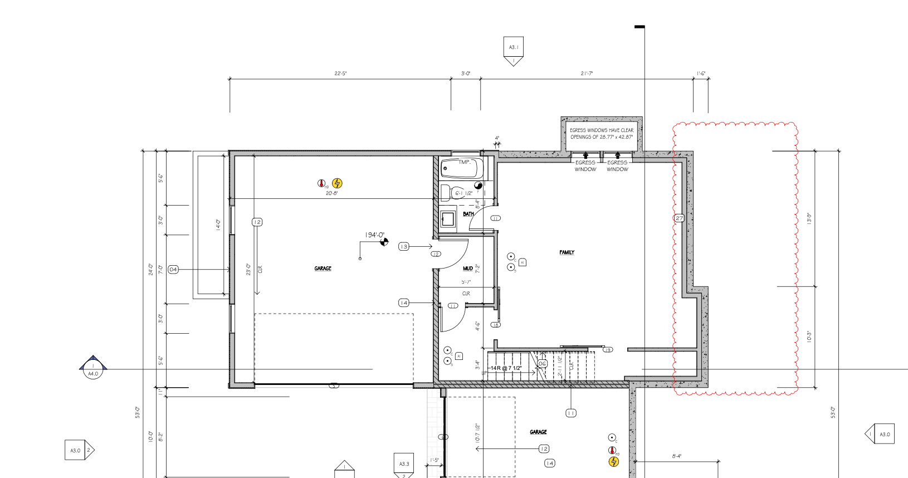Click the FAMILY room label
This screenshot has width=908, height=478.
567,252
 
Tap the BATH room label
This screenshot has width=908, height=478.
468,214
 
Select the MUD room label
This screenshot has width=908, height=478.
468,269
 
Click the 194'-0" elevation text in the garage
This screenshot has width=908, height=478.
374,235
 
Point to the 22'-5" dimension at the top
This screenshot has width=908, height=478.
340,74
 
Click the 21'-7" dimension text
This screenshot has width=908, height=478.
587,74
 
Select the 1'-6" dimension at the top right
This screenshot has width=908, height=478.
701,74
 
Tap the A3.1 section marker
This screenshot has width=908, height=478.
513,47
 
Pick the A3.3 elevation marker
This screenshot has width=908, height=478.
404,464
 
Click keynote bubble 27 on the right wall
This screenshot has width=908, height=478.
679,218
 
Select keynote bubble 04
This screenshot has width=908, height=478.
173,270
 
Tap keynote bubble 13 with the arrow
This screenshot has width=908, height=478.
404,246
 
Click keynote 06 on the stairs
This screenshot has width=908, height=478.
542,364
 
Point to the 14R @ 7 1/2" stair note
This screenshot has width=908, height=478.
506,368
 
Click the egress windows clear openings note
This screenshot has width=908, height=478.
602,134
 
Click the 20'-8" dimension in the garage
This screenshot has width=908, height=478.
331,193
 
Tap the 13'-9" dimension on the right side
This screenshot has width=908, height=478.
809,218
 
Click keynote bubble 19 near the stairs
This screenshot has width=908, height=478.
608,350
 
